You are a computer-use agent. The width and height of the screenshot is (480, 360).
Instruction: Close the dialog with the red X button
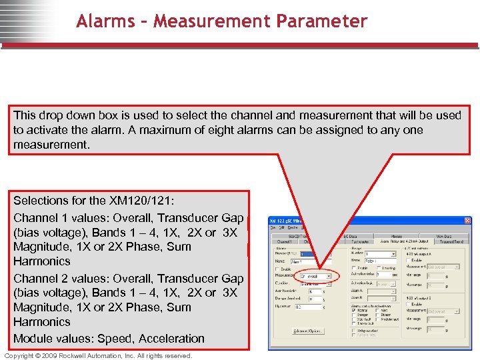467,221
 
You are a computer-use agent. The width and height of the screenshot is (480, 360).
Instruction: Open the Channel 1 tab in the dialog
283,241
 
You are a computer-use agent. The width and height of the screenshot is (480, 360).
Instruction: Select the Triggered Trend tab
451,241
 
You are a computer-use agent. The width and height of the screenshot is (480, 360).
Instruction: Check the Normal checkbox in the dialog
353,309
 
